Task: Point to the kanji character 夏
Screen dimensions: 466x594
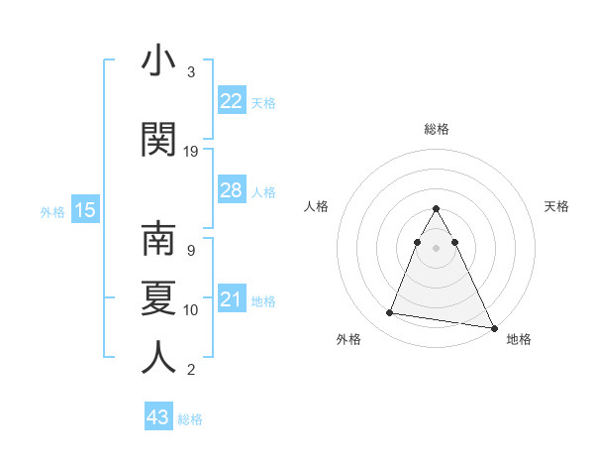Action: point(159,298)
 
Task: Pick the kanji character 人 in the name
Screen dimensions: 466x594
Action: point(159,357)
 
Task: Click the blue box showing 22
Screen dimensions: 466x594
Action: point(232,101)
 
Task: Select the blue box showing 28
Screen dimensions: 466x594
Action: point(232,190)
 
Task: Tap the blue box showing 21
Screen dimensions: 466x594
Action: point(232,299)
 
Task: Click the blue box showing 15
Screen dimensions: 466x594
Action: point(85,210)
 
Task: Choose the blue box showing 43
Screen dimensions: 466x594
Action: point(158,417)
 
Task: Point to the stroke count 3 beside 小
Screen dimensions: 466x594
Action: point(191,72)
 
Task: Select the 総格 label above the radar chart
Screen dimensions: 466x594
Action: point(437,129)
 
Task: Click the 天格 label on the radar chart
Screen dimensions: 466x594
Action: point(557,206)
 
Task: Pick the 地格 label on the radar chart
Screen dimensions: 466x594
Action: point(519,339)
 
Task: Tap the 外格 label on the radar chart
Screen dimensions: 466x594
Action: point(348,339)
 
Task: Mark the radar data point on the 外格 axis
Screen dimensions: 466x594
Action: point(389,313)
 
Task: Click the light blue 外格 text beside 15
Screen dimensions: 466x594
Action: point(51,211)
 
